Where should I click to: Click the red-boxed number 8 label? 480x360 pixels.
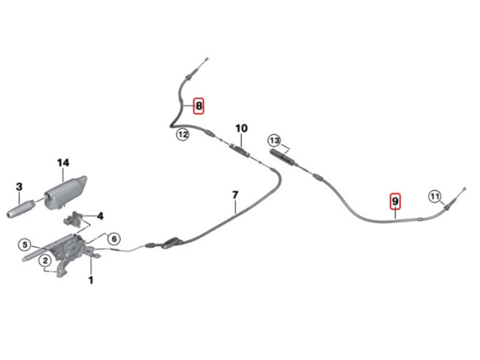(199, 106)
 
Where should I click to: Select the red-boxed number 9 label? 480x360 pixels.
(395, 201)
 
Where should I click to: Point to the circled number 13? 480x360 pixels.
(274, 141)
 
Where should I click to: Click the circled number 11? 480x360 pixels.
(434, 196)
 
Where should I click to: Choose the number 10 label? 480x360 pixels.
(241, 128)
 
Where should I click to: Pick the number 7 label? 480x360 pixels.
(235, 195)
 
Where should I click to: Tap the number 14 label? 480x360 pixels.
(63, 163)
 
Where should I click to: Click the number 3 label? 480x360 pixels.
(19, 186)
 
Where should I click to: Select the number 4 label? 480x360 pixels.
(100, 216)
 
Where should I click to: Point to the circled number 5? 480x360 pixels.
(24, 244)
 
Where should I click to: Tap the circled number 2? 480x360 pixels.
(45, 260)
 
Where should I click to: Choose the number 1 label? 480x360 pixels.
(90, 279)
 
